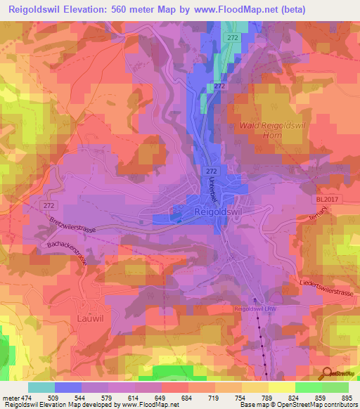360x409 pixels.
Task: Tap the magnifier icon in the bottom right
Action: [x=325, y=375]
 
